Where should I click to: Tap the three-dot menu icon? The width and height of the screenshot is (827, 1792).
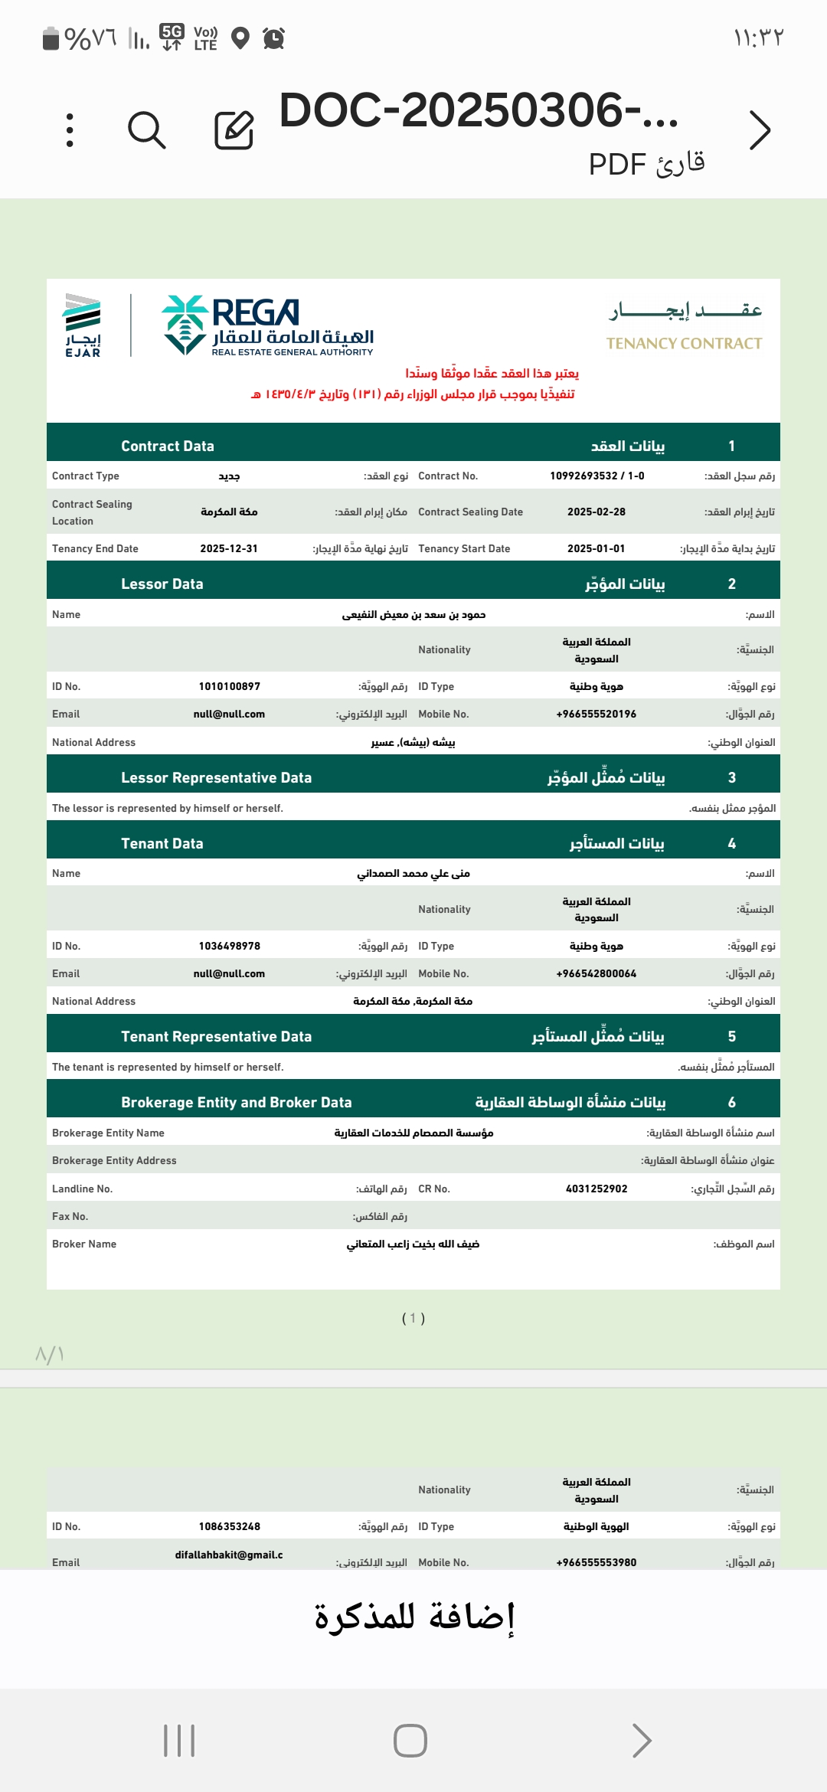pyautogui.click(x=70, y=130)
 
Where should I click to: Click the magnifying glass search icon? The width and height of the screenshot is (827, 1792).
pyautogui.click(x=146, y=130)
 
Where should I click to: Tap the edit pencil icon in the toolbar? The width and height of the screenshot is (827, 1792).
pyautogui.click(x=234, y=129)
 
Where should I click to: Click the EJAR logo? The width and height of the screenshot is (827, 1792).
pyautogui.click(x=83, y=325)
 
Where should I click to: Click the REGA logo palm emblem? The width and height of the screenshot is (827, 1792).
pyautogui.click(x=185, y=325)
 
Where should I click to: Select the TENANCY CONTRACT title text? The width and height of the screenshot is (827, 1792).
pyautogui.click(x=684, y=344)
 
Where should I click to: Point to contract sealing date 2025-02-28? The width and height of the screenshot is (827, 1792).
pyautogui.click(x=596, y=512)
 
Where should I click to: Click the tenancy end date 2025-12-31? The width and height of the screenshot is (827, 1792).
pyautogui.click(x=229, y=549)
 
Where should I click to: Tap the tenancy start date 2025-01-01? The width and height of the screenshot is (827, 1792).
pyautogui.click(x=596, y=549)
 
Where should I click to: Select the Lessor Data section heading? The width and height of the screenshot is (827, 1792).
pyautogui.click(x=162, y=584)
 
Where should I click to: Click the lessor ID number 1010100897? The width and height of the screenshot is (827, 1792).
pyautogui.click(x=229, y=687)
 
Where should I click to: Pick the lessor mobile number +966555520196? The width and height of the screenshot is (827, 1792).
pyautogui.click(x=596, y=715)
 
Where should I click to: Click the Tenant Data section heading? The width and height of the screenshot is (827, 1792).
pyautogui.click(x=162, y=844)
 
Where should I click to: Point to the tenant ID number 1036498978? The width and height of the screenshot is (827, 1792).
pyautogui.click(x=229, y=947)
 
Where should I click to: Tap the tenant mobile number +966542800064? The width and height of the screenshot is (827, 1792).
pyautogui.click(x=596, y=974)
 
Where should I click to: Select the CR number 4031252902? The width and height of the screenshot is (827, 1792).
pyautogui.click(x=596, y=1189)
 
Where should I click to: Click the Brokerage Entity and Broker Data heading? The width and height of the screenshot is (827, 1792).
pyautogui.click(x=236, y=1103)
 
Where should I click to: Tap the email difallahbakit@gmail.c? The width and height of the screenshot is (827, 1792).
pyautogui.click(x=229, y=1555)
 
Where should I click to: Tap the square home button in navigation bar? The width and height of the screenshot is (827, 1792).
pyautogui.click(x=410, y=1741)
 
